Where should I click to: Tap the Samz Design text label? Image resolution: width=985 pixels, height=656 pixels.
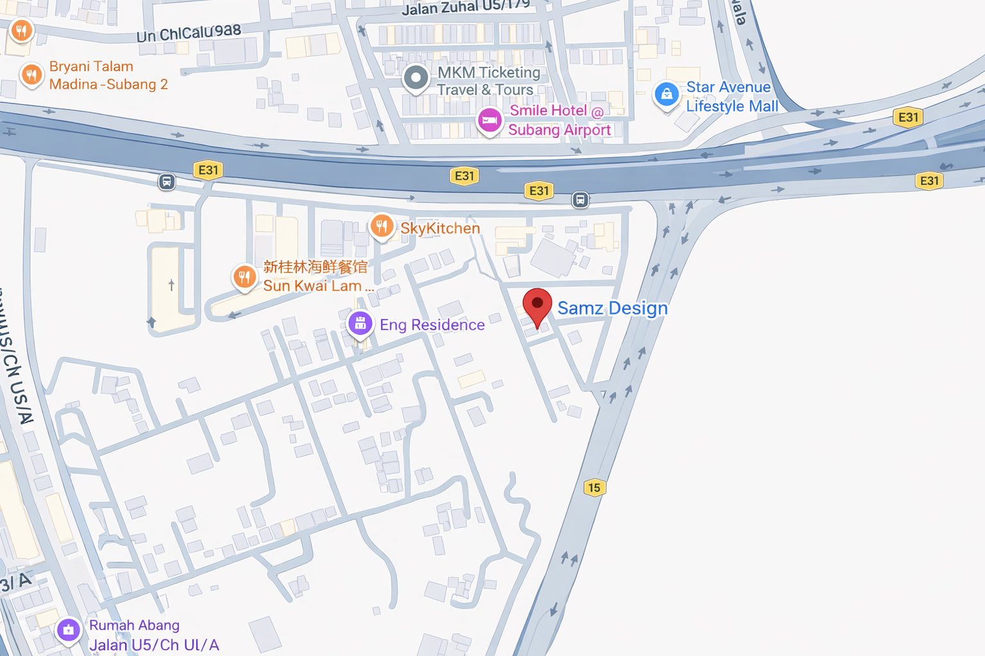coord(612,308)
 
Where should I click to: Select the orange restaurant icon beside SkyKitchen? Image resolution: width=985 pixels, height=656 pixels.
coord(382,226)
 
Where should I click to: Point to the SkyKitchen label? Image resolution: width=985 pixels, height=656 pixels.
coord(440,228)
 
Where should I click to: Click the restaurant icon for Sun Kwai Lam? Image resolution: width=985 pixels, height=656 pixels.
coord(244,277)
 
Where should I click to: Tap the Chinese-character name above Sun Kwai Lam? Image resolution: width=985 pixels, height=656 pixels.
coord(316,266)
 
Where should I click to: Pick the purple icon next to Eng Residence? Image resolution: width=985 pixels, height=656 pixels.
coord(360,323)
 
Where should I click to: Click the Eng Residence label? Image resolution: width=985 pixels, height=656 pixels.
coord(432,325)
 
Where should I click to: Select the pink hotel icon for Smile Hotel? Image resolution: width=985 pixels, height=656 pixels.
coord(490,120)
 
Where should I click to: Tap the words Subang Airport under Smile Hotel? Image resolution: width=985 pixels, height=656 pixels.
coord(559,130)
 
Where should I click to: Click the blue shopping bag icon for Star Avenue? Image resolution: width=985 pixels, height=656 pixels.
coord(666,94)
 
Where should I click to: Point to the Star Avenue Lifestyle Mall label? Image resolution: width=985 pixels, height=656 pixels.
coord(731,97)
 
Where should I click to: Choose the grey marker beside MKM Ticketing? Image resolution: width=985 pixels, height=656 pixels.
coord(416,78)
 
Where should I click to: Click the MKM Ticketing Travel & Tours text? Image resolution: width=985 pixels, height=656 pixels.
coord(488,81)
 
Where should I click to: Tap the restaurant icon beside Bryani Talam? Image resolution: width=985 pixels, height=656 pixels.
coord(31,75)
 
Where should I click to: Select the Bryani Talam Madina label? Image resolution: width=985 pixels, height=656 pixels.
coord(108,76)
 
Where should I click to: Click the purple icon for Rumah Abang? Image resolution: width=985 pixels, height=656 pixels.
coord(69,630)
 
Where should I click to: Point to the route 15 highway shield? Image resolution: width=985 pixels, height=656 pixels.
coord(594,488)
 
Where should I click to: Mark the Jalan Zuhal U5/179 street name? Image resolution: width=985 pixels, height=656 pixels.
coord(466,7)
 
